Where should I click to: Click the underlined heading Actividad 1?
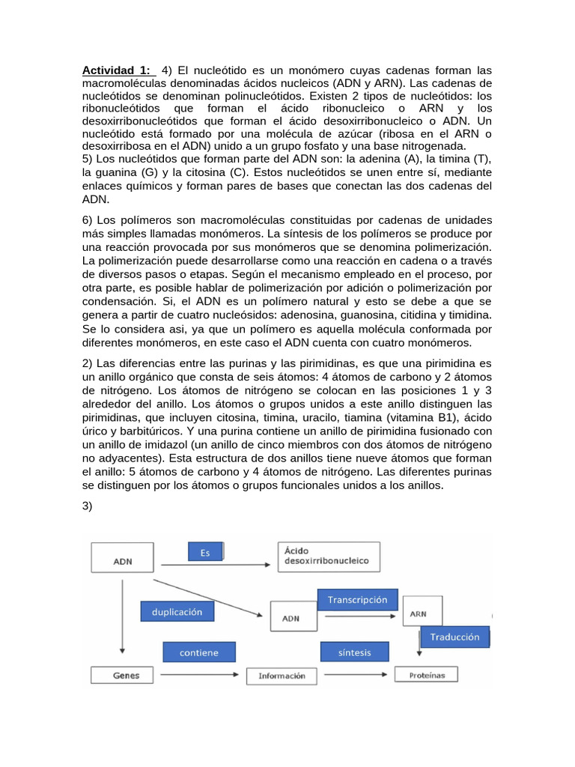click(116, 70)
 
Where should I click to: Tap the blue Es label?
click(204, 553)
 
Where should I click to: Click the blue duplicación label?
click(177, 611)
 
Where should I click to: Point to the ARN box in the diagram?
click(422, 613)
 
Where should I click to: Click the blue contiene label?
click(198, 652)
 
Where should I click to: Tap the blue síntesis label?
click(354, 652)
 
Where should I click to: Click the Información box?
click(282, 676)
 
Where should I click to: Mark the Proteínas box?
click(427, 675)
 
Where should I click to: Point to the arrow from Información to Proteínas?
click(354, 676)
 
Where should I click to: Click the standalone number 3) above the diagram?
click(87, 506)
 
